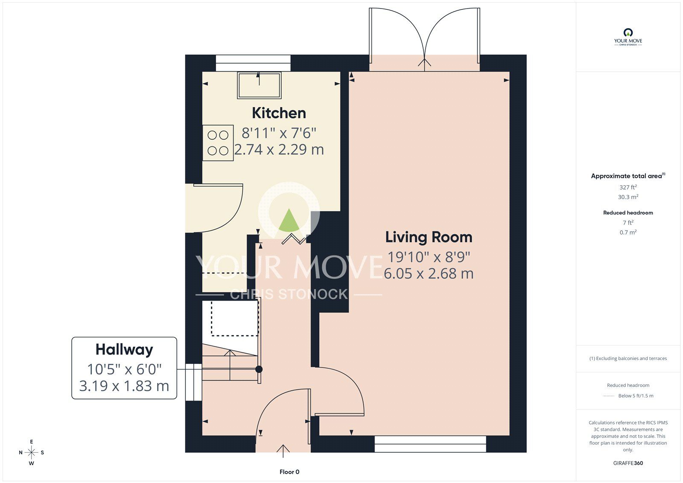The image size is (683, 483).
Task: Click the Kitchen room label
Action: (x=279, y=113)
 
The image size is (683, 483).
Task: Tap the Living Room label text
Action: (x=429, y=237)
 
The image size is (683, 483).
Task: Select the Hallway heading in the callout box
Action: (x=124, y=349)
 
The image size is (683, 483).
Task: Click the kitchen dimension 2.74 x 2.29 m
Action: (x=279, y=149)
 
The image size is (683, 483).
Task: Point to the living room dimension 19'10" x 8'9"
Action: (x=429, y=257)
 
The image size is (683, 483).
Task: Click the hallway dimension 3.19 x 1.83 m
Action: (x=124, y=386)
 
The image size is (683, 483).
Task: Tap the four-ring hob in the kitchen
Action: (x=218, y=143)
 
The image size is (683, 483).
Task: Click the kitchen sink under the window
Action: (x=259, y=85)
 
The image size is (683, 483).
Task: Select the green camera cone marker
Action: (x=289, y=220)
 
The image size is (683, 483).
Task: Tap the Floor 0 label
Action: (x=289, y=472)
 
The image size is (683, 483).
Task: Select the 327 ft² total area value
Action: (x=628, y=187)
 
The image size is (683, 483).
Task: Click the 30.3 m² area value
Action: (x=628, y=197)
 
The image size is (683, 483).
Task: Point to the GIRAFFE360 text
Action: (x=628, y=463)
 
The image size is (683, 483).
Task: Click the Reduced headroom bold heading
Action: (x=628, y=212)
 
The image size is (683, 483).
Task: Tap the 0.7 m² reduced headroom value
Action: (x=628, y=232)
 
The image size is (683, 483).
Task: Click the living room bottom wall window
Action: (x=430, y=444)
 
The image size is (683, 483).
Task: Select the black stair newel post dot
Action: (x=259, y=369)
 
